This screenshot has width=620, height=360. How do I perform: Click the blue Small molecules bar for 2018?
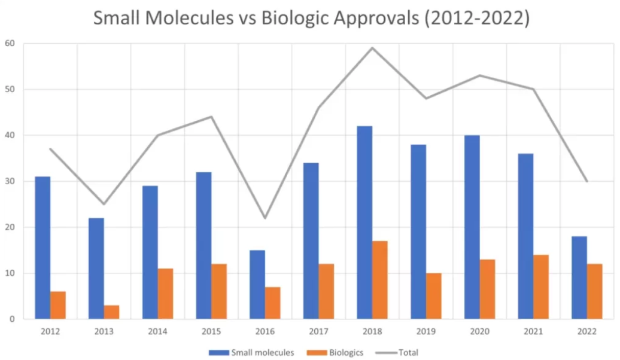coord(364,222)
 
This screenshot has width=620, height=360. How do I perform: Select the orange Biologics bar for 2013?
coord(111,312)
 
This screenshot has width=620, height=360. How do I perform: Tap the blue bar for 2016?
coord(257,285)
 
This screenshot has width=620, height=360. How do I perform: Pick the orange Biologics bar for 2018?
coord(380,280)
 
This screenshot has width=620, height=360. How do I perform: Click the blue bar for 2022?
coord(579,277)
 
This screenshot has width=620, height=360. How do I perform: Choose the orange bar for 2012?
coord(58,305)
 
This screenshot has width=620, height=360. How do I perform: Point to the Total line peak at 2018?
coord(372,48)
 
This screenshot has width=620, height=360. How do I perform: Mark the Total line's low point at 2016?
coord(265,218)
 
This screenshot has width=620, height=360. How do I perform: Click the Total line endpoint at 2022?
coord(587,181)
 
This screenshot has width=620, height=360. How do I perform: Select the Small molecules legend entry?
coord(251,352)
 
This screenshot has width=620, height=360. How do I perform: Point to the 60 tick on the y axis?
coord(10,44)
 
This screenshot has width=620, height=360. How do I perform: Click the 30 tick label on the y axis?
coord(10,181)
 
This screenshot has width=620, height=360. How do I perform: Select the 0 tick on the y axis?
coord(12,319)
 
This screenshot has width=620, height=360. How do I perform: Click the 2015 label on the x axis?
coord(211,330)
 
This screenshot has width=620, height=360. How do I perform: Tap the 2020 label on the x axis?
coord(479,330)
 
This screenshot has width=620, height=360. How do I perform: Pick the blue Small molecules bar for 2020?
coord(472,227)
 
